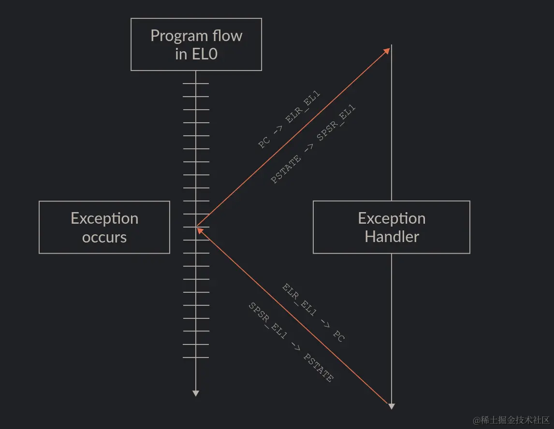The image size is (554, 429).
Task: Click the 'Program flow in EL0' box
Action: [196, 44]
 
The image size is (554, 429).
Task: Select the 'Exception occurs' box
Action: [104, 227]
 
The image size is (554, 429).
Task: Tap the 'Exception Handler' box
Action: [392, 227]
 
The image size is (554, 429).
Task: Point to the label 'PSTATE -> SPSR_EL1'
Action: [313, 144]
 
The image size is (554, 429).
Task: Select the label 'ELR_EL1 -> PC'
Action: [313, 313]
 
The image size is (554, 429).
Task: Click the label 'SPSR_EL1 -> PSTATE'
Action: [291, 342]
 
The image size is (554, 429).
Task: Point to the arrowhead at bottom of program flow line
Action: [196, 393]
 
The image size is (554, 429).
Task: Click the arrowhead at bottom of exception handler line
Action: [392, 406]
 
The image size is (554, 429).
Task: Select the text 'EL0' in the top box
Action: [204, 54]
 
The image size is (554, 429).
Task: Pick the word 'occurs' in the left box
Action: [104, 237]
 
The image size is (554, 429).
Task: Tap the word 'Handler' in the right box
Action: [392, 237]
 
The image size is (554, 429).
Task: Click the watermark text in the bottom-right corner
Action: [511, 419]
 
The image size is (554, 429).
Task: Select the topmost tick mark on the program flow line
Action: [196, 84]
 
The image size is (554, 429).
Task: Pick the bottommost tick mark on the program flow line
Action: [196, 357]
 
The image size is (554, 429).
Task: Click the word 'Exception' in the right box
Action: [392, 218]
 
